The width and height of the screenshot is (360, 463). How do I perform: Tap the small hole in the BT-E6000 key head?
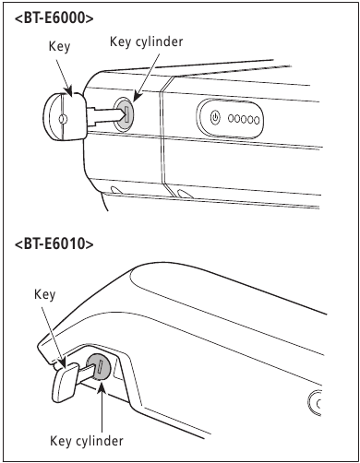click(x=62, y=118)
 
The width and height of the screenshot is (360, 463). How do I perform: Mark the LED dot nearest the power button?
click(x=232, y=119)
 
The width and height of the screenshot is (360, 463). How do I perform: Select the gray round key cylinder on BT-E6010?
click(x=99, y=368)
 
